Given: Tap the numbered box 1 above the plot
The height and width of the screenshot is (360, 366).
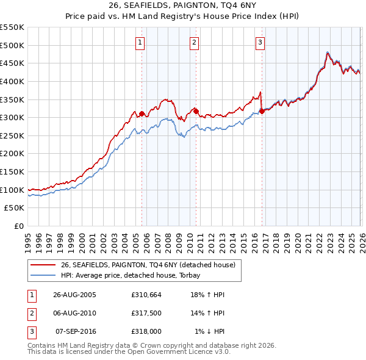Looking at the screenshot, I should point(140,42).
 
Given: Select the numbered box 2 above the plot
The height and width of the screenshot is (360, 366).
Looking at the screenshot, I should point(193,42).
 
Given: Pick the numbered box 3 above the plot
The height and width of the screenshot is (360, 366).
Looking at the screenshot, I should point(260,42).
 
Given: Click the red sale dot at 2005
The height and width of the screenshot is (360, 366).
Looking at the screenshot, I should point(142,113).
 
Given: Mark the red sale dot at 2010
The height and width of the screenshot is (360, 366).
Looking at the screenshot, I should point(196,111).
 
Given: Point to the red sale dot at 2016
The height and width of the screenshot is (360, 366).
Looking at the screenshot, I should point(262,111).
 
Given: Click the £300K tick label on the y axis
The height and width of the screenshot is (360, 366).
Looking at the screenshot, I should point(12,117).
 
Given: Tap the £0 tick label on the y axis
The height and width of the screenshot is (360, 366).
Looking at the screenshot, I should point(18,226).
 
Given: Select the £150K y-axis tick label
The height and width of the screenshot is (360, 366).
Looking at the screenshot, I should point(12,171).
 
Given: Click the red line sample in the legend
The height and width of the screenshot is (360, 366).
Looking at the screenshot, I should point(43,265).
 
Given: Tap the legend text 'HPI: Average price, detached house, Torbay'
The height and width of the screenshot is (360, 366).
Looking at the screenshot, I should point(131,276).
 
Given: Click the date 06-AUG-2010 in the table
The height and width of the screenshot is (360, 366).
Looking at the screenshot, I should point(74,313).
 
